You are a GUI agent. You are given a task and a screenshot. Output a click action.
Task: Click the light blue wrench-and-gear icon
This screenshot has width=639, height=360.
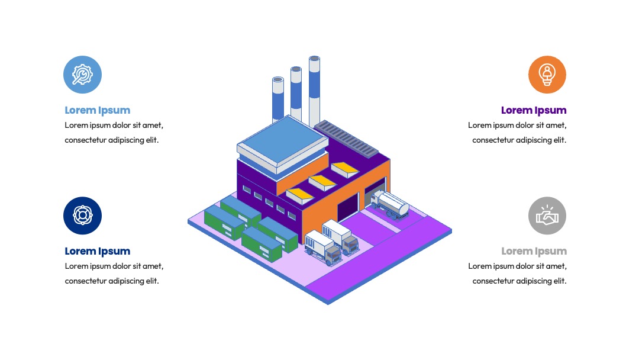pyautogui.click(x=82, y=75)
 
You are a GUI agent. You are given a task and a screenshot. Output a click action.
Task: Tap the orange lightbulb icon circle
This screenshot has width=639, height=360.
pyautogui.click(x=547, y=75)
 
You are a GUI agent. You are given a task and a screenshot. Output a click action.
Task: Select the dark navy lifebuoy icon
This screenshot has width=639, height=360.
pyautogui.click(x=82, y=216)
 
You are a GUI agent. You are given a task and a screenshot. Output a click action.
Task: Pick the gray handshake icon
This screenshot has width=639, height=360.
pyautogui.click(x=547, y=216)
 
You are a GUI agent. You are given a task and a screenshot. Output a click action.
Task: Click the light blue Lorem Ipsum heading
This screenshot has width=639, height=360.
pyautogui.click(x=98, y=111)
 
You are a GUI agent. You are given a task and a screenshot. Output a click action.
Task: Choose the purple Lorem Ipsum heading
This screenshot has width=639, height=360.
pyautogui.click(x=534, y=111)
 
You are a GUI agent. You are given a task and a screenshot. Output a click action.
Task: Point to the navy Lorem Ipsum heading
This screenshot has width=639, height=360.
pyautogui.click(x=98, y=251)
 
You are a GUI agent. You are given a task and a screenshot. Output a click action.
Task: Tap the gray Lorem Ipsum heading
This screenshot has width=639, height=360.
pyautogui.click(x=534, y=251)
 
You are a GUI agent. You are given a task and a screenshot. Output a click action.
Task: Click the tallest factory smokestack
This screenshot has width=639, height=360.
pyautogui.click(x=314, y=91)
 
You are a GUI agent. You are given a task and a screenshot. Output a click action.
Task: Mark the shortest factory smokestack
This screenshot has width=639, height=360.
pyautogui.click(x=278, y=99)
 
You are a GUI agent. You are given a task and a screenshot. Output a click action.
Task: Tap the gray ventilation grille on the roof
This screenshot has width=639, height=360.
pyautogui.click(x=346, y=139)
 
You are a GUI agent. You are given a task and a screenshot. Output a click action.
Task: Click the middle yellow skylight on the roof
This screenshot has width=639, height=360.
pyautogui.click(x=322, y=182)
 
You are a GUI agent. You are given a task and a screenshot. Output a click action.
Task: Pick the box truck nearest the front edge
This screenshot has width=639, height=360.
pyautogui.click(x=323, y=247)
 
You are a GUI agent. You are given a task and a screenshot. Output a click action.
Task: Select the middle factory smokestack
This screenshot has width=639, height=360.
pyautogui.click(x=296, y=94)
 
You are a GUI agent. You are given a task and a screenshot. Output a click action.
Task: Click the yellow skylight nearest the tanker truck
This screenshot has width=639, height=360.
pyautogui.click(x=345, y=169)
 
